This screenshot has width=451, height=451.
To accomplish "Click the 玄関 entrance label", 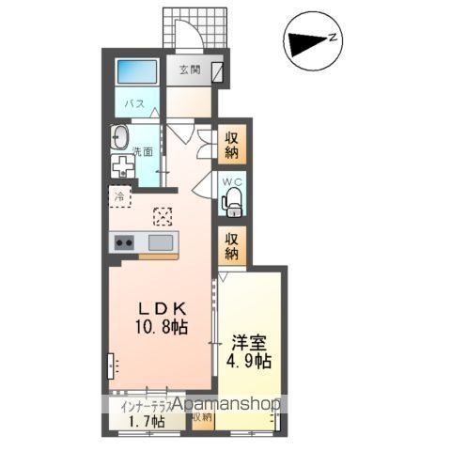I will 191,70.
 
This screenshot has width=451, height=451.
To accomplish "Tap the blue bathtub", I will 137,73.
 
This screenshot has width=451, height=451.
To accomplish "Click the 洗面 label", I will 143,151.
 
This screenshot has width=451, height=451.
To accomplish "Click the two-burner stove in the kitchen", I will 125,243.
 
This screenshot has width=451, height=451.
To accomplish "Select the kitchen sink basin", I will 161,243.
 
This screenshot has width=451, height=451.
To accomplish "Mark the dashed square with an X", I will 162,216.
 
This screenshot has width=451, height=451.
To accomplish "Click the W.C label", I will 232,180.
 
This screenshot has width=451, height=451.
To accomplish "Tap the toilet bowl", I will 232,199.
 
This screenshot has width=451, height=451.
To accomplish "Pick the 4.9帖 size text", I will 249,362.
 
